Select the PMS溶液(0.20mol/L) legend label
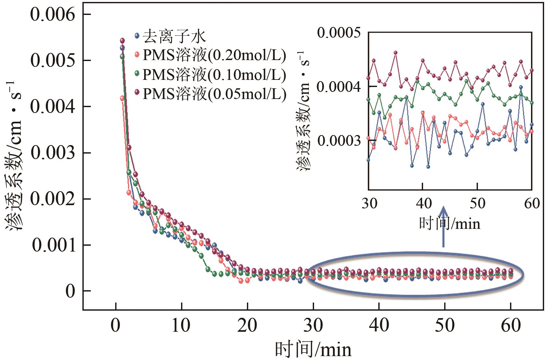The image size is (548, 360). [x=214, y=56]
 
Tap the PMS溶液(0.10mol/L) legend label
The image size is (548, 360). [x=214, y=75]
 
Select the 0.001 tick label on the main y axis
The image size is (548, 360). [x=54, y=245]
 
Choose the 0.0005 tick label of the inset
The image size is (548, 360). [x=339, y=33]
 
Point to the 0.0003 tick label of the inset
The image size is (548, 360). [x=339, y=141]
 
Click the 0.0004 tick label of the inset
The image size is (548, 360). [x=339, y=87]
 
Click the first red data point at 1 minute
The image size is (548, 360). [x=122, y=98]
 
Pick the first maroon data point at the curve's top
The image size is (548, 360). [x=122, y=41]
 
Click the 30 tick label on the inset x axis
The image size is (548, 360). [x=369, y=204]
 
